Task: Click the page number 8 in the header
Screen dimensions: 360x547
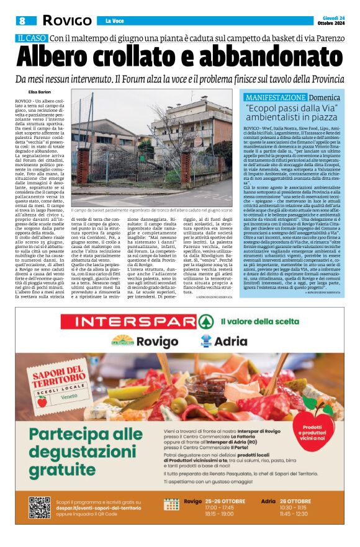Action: point(22,20)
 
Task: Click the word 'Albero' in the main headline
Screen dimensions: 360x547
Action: point(63,58)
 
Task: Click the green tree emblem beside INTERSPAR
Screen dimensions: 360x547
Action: point(212,321)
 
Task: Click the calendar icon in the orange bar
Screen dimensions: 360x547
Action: point(171,505)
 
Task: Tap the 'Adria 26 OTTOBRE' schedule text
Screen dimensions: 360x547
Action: point(285,500)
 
